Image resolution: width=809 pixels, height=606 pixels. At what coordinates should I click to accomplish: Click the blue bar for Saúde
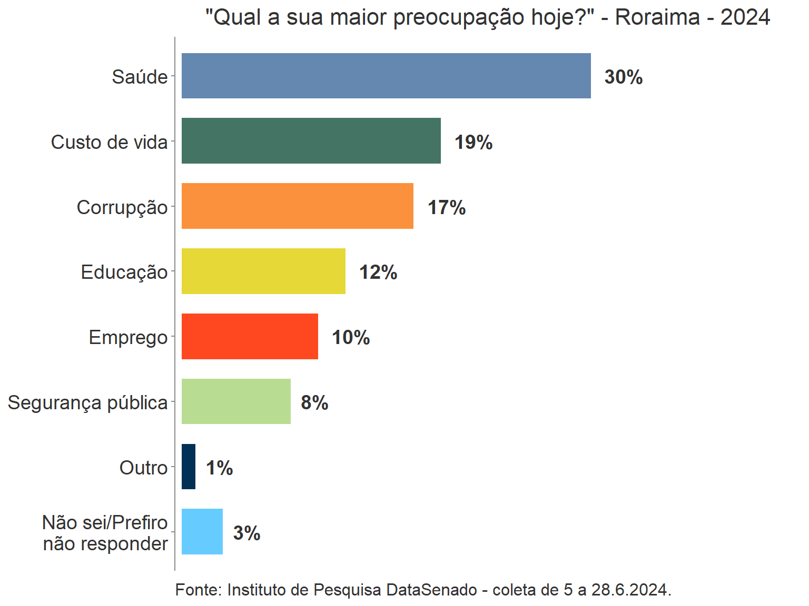[x=386, y=76]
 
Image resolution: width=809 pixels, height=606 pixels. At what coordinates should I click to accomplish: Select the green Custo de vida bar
[x=311, y=140]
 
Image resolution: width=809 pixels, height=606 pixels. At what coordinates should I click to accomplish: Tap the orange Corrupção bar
[x=297, y=206]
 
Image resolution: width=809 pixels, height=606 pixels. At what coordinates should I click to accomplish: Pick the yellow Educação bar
[x=263, y=271]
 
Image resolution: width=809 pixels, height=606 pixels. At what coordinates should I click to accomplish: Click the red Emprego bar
[x=250, y=336]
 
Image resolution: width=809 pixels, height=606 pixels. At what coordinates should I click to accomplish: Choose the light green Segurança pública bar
[x=236, y=401]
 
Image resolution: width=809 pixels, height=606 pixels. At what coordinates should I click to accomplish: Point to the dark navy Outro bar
[x=189, y=467]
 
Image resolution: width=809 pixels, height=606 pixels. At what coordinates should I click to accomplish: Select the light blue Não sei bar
[x=202, y=531]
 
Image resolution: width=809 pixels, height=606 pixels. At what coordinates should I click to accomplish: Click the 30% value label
[x=624, y=77]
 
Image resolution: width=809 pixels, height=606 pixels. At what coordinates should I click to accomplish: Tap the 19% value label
[x=473, y=143]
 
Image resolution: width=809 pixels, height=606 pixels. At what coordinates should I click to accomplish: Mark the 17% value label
[x=447, y=208]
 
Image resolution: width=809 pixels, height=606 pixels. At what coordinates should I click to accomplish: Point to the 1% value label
[x=219, y=468]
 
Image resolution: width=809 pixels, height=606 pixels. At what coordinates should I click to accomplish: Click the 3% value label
[x=246, y=533]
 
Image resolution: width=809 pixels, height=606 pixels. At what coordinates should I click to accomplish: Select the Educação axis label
[x=124, y=272]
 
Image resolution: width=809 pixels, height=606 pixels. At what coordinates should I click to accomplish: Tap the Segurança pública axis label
[x=87, y=402]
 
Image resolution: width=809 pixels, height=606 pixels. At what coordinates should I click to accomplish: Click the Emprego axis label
[x=128, y=337]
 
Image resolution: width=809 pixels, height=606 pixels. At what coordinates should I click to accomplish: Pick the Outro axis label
[x=143, y=468]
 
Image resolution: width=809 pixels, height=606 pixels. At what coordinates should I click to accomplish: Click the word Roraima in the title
[x=657, y=17]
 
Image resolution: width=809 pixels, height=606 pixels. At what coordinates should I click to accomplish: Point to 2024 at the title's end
[x=745, y=17]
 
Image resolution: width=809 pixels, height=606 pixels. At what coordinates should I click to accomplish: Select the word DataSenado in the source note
[x=432, y=590]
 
